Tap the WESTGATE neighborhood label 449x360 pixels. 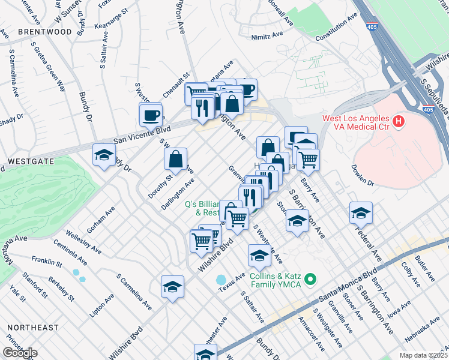tap(29, 162)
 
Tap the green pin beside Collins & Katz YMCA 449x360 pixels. tap(310, 279)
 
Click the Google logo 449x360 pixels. tap(20, 353)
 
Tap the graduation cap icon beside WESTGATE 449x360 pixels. tap(104, 155)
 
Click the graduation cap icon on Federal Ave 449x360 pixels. tap(361, 212)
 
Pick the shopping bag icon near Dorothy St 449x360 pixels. tap(175, 159)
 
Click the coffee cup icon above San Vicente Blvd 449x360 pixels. tap(151, 113)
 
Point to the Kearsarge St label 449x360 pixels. tap(110, 19)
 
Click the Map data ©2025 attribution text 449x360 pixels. tap(424, 355)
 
